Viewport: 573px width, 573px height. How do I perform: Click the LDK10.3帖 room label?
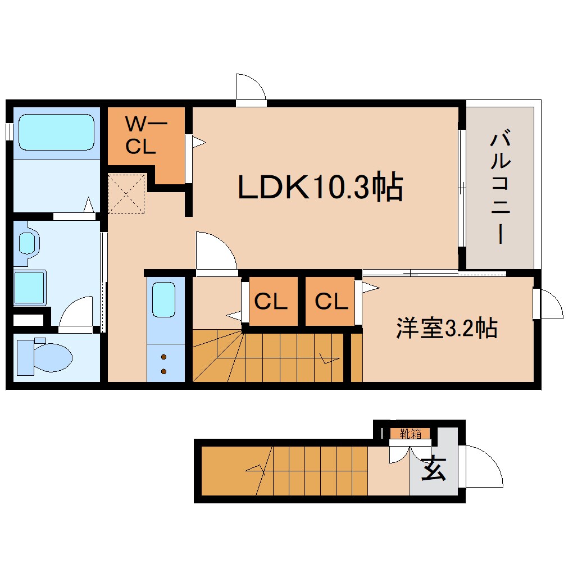(320, 187)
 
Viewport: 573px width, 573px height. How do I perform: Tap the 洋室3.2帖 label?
(447, 328)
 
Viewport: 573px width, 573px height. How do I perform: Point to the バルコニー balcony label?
(501, 186)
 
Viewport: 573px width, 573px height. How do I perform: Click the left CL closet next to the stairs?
(271, 301)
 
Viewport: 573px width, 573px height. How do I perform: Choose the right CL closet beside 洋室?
(331, 301)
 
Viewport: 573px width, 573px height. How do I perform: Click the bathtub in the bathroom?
(57, 132)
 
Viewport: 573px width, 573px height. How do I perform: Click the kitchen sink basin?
(163, 299)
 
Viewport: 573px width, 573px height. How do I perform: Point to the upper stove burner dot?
(163, 357)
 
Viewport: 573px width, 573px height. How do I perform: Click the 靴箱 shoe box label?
(410, 434)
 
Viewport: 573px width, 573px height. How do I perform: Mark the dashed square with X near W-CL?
(126, 194)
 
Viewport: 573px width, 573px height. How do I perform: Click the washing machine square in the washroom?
(30, 288)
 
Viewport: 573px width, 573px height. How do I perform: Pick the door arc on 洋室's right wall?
(557, 299)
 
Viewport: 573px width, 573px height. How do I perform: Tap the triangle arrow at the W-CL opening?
(199, 142)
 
